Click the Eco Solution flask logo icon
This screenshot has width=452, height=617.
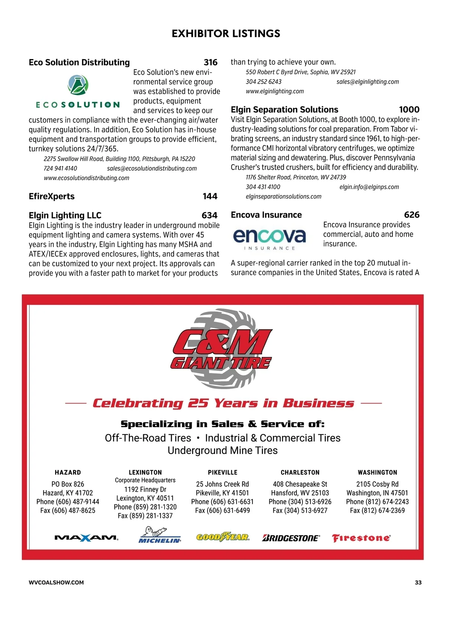(x=78, y=85)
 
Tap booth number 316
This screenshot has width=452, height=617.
(x=211, y=63)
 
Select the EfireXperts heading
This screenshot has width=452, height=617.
(x=52, y=196)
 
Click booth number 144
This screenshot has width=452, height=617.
(x=210, y=196)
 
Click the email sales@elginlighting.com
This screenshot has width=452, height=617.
(x=368, y=82)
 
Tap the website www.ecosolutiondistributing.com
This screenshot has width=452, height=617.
(x=86, y=178)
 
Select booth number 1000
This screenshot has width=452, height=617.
(x=409, y=110)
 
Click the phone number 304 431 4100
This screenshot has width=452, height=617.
(x=263, y=187)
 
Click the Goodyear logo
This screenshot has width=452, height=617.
(x=223, y=537)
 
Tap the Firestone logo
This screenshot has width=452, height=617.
(x=361, y=538)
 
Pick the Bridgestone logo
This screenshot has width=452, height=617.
(x=291, y=538)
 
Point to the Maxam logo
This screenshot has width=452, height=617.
(x=87, y=538)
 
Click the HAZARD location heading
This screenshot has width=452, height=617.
(x=68, y=472)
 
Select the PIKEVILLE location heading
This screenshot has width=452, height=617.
(x=223, y=472)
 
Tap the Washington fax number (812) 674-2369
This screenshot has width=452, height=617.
(x=377, y=511)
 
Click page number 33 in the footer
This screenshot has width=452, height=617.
(x=418, y=582)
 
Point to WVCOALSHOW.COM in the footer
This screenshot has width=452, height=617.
(x=56, y=582)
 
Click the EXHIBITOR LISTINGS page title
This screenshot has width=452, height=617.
(x=226, y=34)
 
